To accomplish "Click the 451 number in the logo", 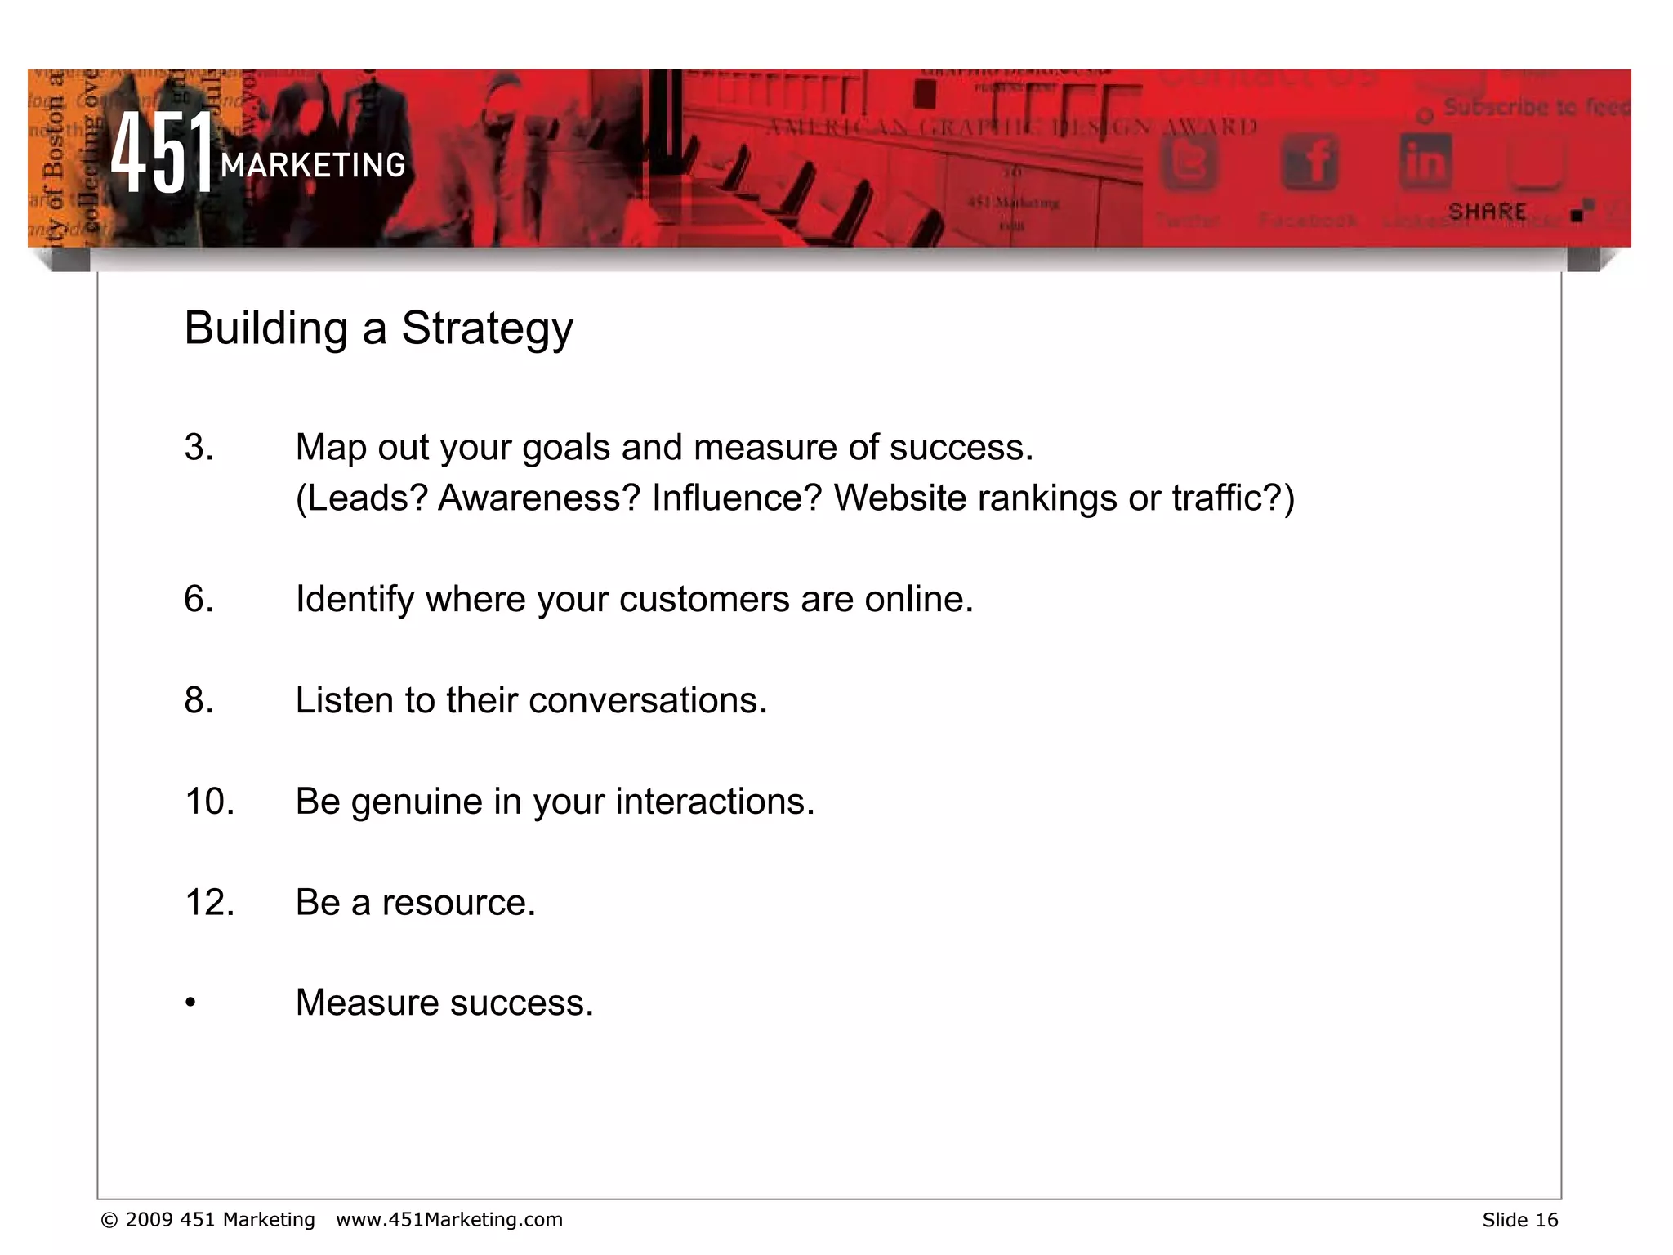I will coord(162,152).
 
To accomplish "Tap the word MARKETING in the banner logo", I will coord(313,166).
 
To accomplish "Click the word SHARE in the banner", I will coord(1487,212).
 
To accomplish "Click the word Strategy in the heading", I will coord(487,329).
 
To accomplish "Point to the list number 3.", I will coord(199,448).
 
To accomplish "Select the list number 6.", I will coord(199,599).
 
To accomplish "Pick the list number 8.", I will coord(199,700).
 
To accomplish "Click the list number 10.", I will coord(209,802).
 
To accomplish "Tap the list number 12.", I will coord(209,903).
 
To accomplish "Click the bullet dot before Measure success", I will coord(190,1003).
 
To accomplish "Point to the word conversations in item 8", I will coord(648,701).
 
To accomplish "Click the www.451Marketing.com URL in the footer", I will coord(449,1220).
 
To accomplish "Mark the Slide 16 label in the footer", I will coord(1519,1220).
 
